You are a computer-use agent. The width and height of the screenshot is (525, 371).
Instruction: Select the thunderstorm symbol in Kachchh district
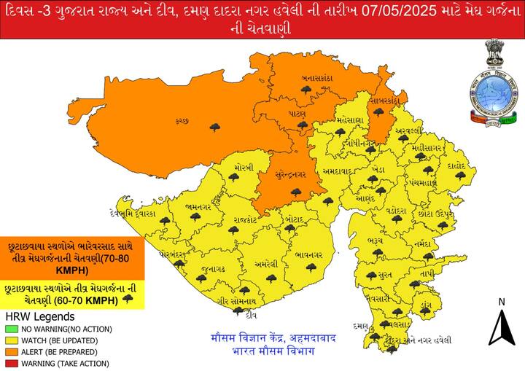tap(214, 128)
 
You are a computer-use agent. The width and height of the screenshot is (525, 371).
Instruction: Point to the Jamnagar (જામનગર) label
tap(198, 207)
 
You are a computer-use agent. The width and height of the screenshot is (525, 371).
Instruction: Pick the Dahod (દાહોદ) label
tap(456, 165)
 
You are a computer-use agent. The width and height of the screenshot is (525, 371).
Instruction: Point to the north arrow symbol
tap(502, 327)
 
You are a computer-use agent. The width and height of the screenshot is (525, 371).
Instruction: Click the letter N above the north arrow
tap(502, 302)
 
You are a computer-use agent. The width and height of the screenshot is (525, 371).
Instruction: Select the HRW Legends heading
tap(39, 317)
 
